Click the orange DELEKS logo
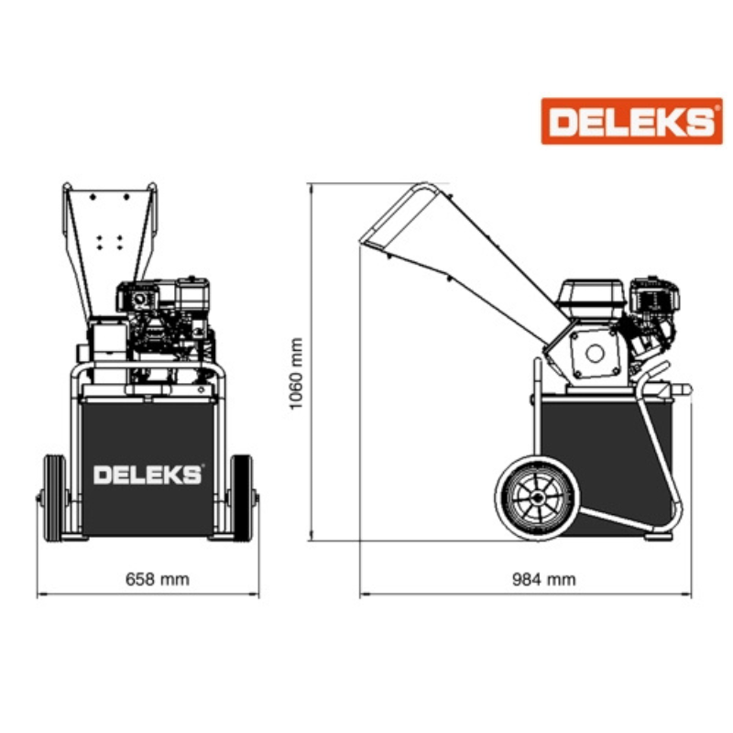[x=631, y=121]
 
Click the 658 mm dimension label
[x=158, y=579]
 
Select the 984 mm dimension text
[x=544, y=579]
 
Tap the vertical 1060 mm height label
[x=296, y=374]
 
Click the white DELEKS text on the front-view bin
[x=148, y=474]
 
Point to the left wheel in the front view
[x=55, y=498]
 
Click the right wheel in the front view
[x=241, y=498]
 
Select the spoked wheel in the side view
[x=538, y=498]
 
